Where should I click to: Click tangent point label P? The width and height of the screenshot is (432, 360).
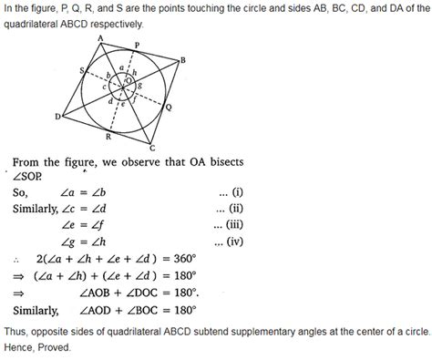point(137,43)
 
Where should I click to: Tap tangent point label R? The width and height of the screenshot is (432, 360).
point(108,137)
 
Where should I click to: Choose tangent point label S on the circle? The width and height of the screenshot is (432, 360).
point(83,69)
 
